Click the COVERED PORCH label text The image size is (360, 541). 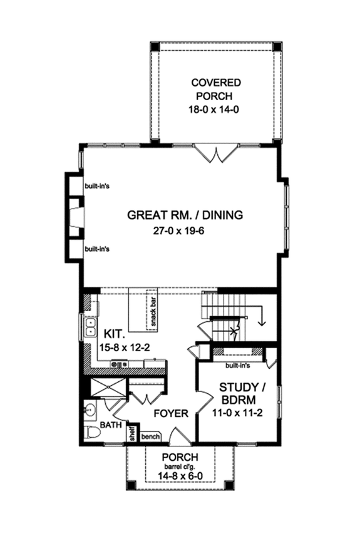(216, 89)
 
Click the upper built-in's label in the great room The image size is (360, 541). (98, 186)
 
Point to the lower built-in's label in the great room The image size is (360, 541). (98, 249)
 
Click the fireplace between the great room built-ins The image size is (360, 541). (76, 217)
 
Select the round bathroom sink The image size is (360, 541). (89, 411)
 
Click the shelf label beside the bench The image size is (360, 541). (132, 433)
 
